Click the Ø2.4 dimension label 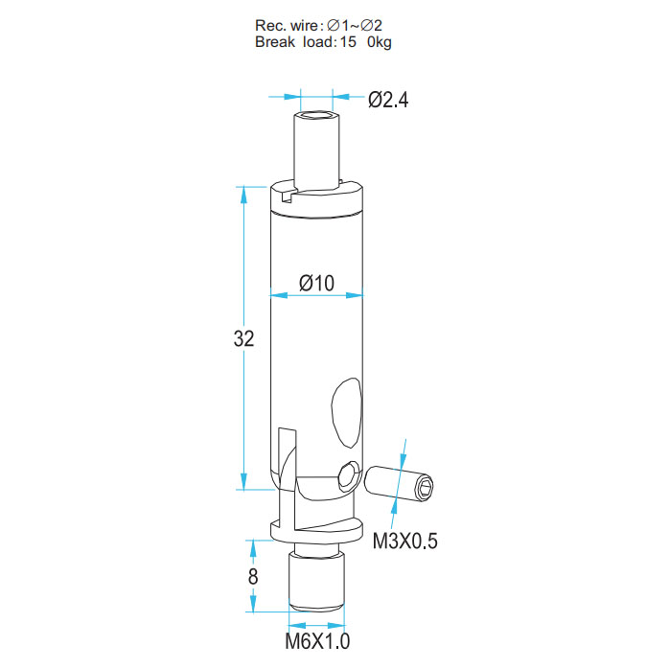click(388, 100)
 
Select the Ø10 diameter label click(316, 283)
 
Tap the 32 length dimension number click(243, 338)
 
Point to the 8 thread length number click(253, 576)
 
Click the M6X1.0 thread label click(317, 641)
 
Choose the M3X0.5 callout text click(404, 541)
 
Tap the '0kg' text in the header click(380, 43)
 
